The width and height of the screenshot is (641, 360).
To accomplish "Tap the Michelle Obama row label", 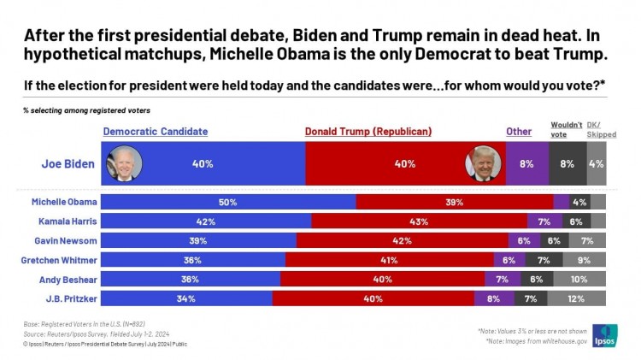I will click(x=65, y=202).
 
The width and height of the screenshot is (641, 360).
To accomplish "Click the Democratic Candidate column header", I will click(x=156, y=132).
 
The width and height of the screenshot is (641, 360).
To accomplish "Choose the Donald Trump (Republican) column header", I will click(x=368, y=132).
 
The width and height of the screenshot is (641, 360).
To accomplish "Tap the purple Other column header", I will click(x=518, y=132).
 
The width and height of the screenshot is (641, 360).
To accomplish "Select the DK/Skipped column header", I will click(x=601, y=129).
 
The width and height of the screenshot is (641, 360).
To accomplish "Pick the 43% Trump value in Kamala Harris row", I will click(x=419, y=221).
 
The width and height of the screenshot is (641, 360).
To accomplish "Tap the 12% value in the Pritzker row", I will click(x=577, y=298).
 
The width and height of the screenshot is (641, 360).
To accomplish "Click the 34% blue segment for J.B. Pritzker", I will click(x=186, y=298).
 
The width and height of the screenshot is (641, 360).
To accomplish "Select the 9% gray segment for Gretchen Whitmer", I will click(x=584, y=260).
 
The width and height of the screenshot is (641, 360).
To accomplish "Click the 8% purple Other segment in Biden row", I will click(x=527, y=163).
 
